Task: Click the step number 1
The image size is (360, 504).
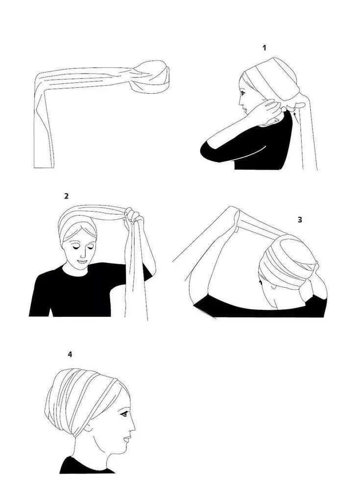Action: (x=264, y=48)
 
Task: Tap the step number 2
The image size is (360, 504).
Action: (x=67, y=196)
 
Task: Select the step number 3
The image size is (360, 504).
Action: (x=300, y=220)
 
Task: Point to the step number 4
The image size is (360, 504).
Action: (x=70, y=354)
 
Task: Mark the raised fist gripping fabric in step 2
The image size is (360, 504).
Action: (x=133, y=216)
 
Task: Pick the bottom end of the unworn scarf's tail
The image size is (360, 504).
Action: (x=44, y=167)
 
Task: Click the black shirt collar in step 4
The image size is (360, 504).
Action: (x=86, y=464)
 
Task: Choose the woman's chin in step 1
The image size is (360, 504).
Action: (x=247, y=113)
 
